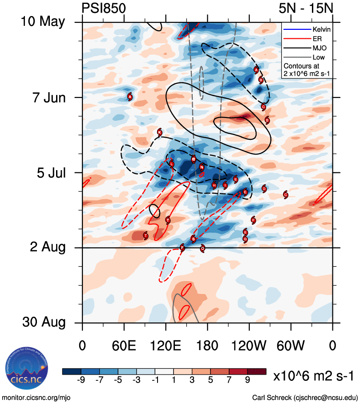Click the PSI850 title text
pyautogui.click(x=104, y=8)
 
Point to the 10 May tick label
pyautogui.click(x=43, y=22)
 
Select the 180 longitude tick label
pyautogui.click(x=207, y=346)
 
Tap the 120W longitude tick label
pyautogui.click(x=249, y=346)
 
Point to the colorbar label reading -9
pyautogui.click(x=81, y=380)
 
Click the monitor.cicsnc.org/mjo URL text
pyautogui.click(x=36, y=397)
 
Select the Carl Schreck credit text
pyautogui.click(x=305, y=397)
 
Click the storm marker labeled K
pyautogui.click(x=160, y=132)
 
